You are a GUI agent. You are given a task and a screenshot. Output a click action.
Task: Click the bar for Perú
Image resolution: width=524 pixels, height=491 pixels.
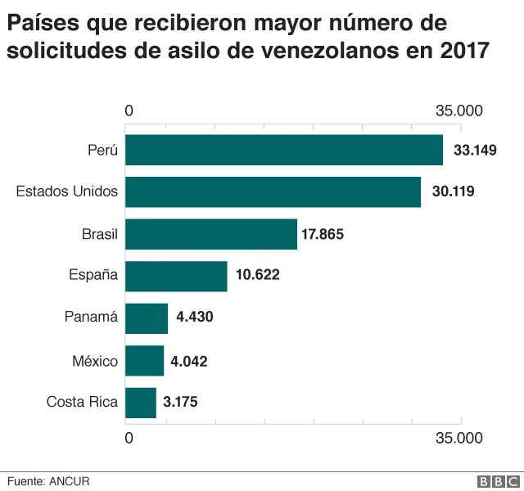pos(284,151)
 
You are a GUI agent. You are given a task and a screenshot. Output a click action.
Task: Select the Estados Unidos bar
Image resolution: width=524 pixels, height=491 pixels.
pos(273,192)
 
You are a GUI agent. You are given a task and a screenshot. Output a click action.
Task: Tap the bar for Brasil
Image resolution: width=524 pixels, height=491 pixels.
pos(211,234)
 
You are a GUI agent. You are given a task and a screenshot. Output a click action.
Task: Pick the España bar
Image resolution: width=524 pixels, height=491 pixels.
pos(176,276)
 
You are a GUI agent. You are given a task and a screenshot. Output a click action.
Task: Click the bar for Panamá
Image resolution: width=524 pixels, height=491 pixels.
pos(147,318)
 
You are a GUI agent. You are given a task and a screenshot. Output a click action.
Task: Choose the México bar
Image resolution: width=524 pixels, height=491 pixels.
pos(145,360)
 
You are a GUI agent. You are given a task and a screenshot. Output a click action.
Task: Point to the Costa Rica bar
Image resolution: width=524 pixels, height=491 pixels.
pos(141,402)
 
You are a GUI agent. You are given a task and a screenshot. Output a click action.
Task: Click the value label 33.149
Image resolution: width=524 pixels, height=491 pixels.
pos(475,151)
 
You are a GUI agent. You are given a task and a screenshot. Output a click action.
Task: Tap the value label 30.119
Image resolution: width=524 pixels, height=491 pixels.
pos(453,192)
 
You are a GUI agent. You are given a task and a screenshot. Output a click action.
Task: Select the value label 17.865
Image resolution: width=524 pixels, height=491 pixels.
pos(323,234)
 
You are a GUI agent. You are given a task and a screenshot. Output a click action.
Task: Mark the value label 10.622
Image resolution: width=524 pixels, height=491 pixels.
pos(257,276)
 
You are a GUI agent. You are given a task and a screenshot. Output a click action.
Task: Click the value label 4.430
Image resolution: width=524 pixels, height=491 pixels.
pos(195,318)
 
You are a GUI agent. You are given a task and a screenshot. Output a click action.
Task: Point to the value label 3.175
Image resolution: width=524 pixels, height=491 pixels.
pos(180,402)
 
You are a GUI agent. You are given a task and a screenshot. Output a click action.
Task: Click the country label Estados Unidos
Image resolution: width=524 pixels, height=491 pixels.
pos(67,192)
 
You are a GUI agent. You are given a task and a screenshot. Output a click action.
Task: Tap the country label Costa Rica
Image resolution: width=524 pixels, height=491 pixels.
pos(82,402)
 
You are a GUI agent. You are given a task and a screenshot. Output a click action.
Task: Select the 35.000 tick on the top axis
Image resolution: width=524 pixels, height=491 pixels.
pos(459,110)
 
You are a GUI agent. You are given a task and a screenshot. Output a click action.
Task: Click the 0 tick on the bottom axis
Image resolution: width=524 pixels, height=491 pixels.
pos(129,438)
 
